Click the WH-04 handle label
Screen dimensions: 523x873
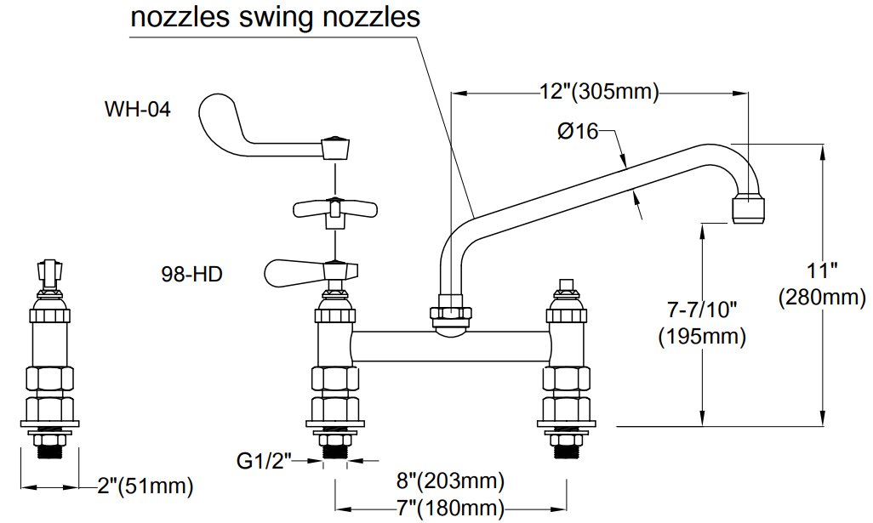tap(137, 110)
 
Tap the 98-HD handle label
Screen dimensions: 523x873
tap(191, 275)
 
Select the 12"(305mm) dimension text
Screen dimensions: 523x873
tap(599, 92)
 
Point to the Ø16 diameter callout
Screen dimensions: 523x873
tap(578, 131)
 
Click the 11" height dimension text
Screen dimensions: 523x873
tap(823, 271)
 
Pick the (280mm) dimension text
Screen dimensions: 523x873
tap(822, 298)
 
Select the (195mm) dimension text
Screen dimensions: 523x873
tap(702, 336)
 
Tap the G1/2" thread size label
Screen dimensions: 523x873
tap(264, 462)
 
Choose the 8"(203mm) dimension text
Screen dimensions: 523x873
tap(450, 481)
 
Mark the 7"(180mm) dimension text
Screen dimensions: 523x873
tap(450, 509)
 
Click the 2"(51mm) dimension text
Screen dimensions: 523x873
tap(145, 486)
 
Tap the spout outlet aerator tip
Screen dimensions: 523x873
tap(748, 208)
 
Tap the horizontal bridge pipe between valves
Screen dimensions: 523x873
tap(451, 346)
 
